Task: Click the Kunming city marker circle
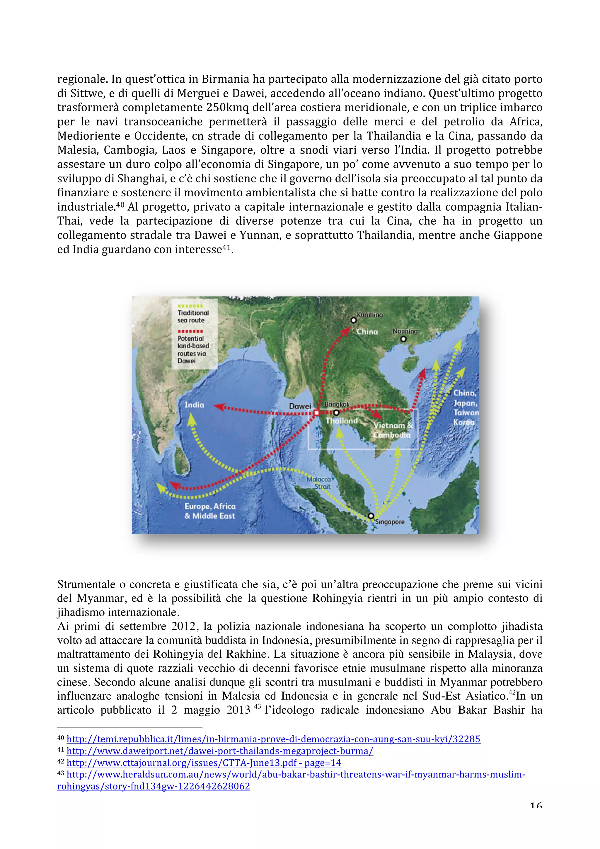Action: [x=353, y=320]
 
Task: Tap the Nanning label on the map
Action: [x=405, y=331]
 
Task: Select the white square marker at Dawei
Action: [x=316, y=413]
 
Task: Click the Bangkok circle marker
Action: [x=336, y=413]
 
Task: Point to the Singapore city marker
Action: [x=371, y=516]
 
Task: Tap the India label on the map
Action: [x=195, y=405]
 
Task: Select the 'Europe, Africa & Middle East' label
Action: [x=210, y=511]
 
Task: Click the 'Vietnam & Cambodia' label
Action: [x=393, y=430]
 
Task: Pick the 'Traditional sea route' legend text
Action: [x=193, y=316]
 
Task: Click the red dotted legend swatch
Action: [x=190, y=331]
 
